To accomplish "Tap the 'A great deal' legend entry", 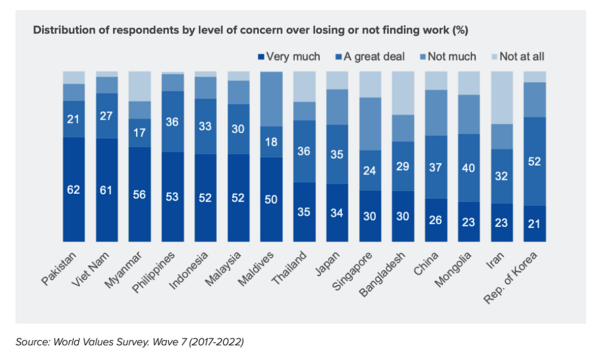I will [374, 56].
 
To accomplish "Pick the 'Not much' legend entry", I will [451, 56].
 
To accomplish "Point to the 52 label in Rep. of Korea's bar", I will [534, 162].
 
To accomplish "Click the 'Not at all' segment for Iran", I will [501, 98].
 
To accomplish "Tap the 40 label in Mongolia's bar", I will [468, 168].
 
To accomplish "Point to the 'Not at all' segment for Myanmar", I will [140, 86].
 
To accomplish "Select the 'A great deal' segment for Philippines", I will [172, 121].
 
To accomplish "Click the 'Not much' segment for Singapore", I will [370, 124].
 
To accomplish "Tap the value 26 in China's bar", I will [436, 221].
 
